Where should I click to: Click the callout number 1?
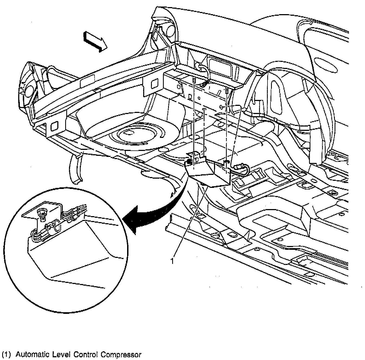click(x=172, y=261)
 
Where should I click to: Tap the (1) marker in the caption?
click(x=6, y=355)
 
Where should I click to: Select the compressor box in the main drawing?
click(x=209, y=174)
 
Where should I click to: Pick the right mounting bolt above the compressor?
click(x=226, y=91)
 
